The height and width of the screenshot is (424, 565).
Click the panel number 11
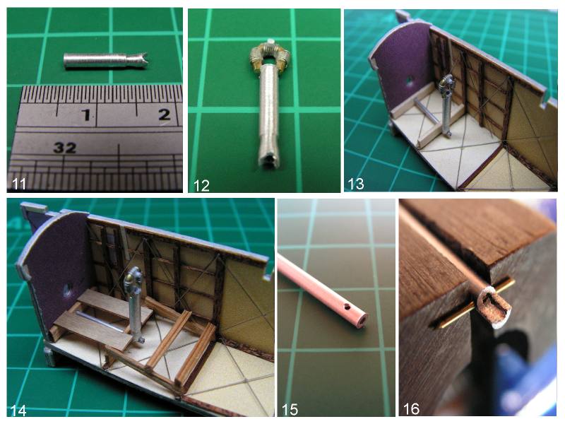[x=19, y=184]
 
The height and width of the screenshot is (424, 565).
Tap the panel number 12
[x=201, y=186]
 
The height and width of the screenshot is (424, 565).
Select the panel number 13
[x=356, y=184]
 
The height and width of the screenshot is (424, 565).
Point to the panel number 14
[x=18, y=411]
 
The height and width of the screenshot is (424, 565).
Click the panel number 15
[x=290, y=410]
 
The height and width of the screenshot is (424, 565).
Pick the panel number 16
[x=411, y=409]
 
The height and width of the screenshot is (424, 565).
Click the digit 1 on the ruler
[x=85, y=115]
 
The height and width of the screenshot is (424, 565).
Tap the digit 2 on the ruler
[x=165, y=114]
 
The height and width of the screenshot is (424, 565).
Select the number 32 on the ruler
[x=65, y=148]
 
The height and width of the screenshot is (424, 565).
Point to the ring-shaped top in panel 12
[x=270, y=54]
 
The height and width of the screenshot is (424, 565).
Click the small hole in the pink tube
[x=347, y=307]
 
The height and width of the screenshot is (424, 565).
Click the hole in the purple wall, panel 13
[x=410, y=81]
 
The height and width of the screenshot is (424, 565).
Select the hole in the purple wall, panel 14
[x=68, y=290]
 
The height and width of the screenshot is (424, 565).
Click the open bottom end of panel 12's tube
[x=269, y=161]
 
